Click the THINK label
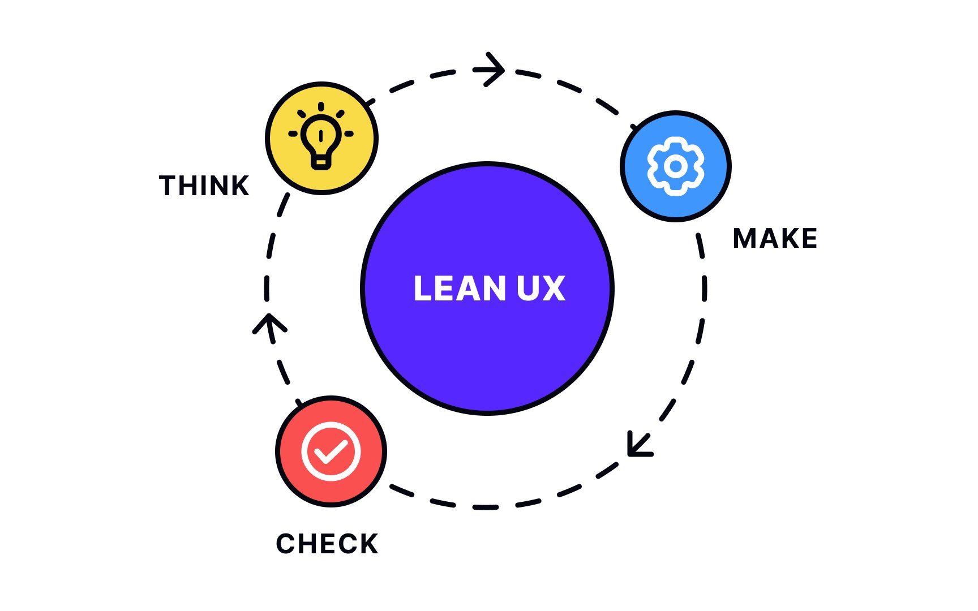click(x=204, y=186)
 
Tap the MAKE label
click(x=775, y=238)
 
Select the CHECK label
click(x=327, y=544)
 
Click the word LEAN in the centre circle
click(x=459, y=289)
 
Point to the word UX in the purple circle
click(x=541, y=289)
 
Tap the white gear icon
click(x=675, y=166)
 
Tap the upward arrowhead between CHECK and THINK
click(x=269, y=324)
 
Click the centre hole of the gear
click(x=675, y=166)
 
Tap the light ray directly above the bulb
click(x=321, y=106)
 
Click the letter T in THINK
click(x=168, y=186)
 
